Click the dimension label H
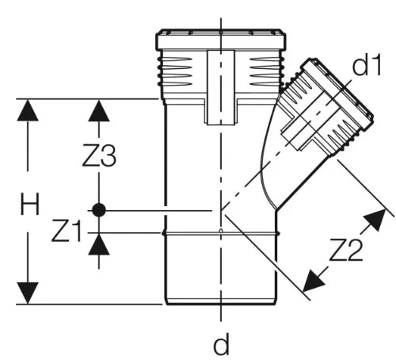click(30, 204)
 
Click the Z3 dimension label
click(99, 155)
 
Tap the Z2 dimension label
click(346, 250)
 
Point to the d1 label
click(367, 64)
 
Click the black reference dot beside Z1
click(99, 210)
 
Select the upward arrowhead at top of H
click(28, 110)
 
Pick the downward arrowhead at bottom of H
click(28, 293)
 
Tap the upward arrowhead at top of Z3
click(99, 110)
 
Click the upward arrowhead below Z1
click(99, 244)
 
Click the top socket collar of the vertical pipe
click(221, 40)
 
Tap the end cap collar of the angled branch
click(338, 94)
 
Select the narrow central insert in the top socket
click(221, 87)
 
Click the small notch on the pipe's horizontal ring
click(221, 232)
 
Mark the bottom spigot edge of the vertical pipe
click(221, 302)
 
